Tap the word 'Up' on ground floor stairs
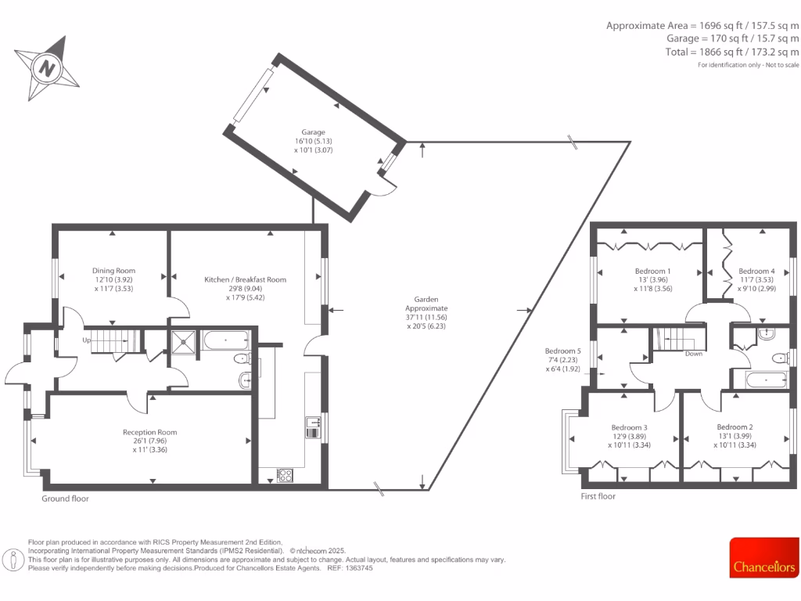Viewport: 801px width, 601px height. tap(87, 340)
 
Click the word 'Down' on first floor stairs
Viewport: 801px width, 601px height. tap(693, 354)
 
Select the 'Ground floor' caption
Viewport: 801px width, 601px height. tap(65, 498)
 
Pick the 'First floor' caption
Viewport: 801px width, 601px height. tap(598, 496)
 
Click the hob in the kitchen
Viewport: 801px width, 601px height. tap(285, 475)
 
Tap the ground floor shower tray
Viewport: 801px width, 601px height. tap(184, 340)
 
